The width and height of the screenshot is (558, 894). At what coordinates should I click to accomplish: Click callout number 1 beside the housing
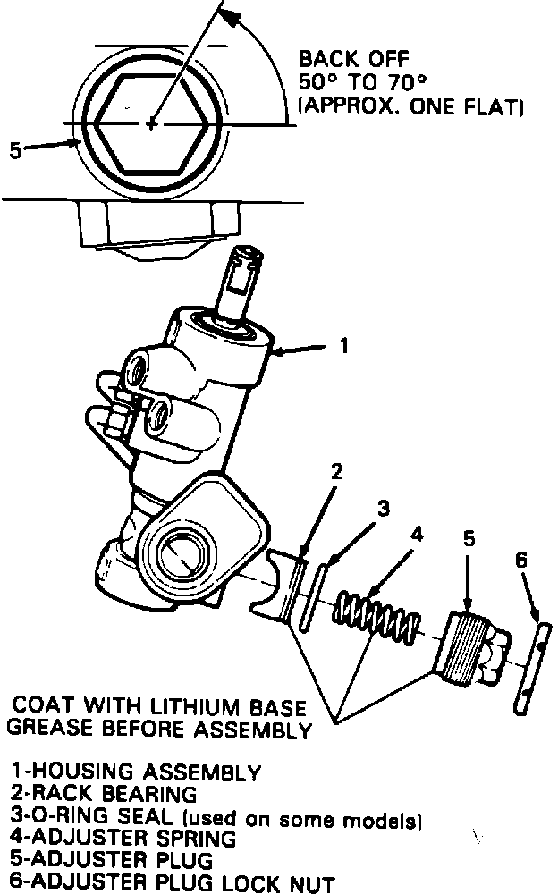[x=344, y=346]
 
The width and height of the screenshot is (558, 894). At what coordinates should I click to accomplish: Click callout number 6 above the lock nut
[x=521, y=561]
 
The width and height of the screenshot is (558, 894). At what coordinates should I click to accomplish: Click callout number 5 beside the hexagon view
[x=13, y=150]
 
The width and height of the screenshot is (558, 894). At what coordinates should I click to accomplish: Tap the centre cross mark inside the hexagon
[x=152, y=123]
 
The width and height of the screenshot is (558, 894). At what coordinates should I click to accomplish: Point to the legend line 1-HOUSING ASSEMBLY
[x=136, y=772]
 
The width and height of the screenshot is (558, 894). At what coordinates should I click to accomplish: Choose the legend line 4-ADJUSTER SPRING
[x=123, y=839]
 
